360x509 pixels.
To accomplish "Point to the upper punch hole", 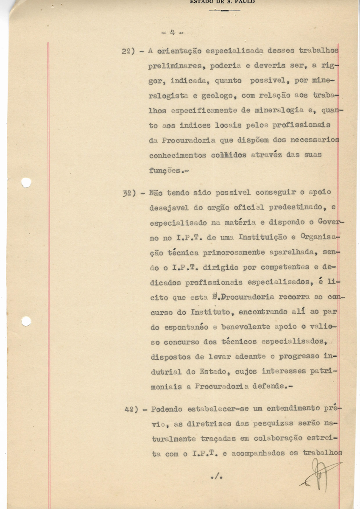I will [x=26, y=182].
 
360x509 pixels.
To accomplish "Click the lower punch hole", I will [x=26, y=321].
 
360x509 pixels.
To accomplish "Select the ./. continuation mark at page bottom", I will [x=216, y=477].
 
